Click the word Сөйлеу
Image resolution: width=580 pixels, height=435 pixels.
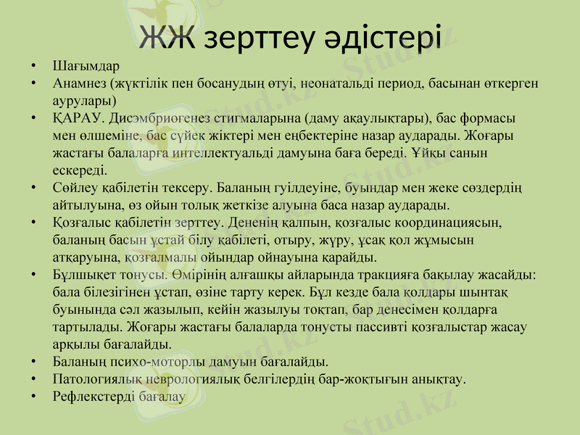tap(75, 188)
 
